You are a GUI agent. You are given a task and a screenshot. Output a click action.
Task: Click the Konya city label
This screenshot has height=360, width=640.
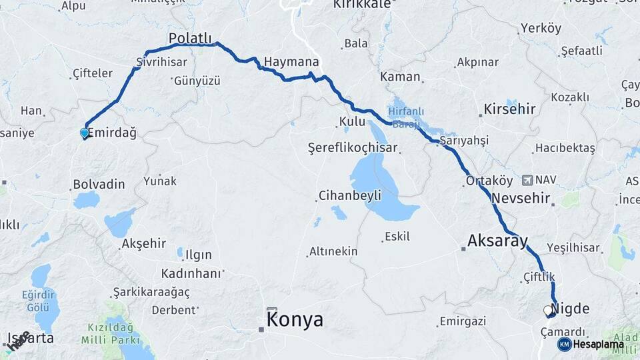point(295,319)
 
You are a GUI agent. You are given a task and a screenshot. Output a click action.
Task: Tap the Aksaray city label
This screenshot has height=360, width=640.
point(498,241)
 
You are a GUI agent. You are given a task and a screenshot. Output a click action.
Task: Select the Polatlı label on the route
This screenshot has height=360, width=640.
point(190,37)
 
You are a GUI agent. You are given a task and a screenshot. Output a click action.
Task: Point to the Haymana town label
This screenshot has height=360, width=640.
point(291,61)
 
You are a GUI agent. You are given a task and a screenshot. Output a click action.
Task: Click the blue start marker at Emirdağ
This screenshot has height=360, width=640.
point(85,133)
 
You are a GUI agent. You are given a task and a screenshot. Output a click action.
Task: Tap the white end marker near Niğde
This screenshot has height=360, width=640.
point(548,311)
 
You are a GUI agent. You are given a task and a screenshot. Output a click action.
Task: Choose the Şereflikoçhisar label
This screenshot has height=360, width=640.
point(353,147)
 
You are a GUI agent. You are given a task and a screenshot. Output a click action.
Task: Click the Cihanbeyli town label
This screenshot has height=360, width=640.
point(350,195)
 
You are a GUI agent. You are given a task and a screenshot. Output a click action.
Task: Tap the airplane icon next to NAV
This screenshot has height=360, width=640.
point(528,179)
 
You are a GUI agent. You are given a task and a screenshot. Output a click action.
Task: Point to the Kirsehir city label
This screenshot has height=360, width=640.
point(509,109)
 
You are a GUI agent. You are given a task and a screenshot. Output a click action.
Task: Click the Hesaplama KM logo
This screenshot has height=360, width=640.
point(591,344)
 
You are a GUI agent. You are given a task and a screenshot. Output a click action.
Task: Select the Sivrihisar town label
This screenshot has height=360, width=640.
point(161,61)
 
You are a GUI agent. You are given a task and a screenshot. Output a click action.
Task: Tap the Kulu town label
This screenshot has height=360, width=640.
point(352,122)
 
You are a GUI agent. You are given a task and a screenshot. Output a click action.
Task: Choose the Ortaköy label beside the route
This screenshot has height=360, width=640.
point(489,181)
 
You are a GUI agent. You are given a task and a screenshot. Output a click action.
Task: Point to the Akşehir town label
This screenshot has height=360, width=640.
point(144,243)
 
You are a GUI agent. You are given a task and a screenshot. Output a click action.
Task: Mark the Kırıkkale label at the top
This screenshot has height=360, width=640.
point(363,4)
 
